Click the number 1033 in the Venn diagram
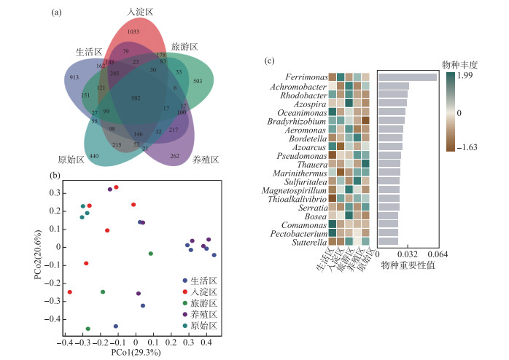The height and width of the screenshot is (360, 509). [133, 31]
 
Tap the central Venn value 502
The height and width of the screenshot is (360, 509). [136, 98]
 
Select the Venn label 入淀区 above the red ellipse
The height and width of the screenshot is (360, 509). [140, 12]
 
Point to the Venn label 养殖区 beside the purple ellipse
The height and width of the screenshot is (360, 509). [206, 160]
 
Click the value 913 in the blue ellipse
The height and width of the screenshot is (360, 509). [74, 77]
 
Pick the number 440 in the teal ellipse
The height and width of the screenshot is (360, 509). [94, 156]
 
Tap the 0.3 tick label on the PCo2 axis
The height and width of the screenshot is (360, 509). [55, 193]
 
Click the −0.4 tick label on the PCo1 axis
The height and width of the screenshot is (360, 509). [65, 343]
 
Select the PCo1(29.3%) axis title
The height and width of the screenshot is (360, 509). [136, 353]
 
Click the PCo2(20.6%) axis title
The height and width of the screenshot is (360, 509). [38, 254]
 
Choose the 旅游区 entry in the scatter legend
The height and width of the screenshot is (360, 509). [200, 303]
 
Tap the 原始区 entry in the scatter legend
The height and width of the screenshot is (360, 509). [200, 326]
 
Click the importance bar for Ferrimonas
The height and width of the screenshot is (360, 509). [408, 77]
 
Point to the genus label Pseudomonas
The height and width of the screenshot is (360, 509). [302, 156]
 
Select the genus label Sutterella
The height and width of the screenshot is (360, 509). [309, 242]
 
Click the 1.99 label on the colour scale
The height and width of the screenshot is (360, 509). [465, 75]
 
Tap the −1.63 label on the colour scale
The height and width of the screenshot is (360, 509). [467, 147]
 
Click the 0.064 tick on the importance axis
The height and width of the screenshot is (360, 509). [438, 254]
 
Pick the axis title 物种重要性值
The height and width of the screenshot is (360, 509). [408, 265]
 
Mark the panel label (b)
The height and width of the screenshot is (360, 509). [55, 176]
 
